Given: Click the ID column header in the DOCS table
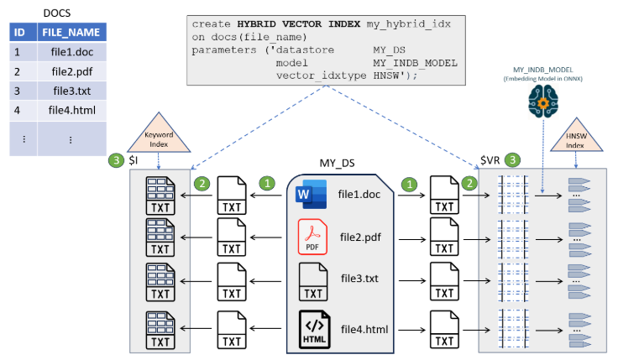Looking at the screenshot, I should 20,32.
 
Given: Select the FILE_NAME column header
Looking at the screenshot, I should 70,32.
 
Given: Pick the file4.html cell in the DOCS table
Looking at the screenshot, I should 70,109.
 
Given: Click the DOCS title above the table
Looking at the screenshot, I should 56,12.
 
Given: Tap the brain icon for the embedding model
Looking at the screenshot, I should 542,102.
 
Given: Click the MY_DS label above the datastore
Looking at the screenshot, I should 336,161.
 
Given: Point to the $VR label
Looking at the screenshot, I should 490,159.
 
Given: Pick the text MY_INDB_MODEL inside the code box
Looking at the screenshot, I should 415,63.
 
